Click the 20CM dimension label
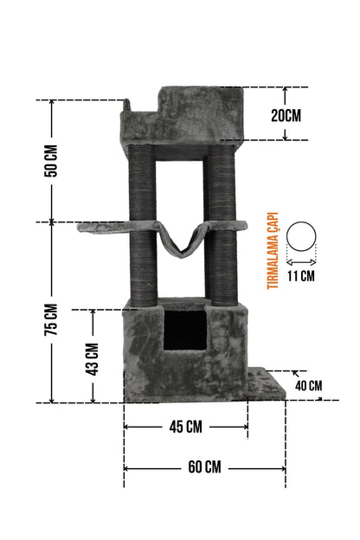tap(286, 115)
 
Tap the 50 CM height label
tap(51, 161)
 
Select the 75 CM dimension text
tap(51, 319)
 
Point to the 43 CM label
tap(92, 359)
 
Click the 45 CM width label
tap(186, 427)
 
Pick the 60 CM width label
tap(204, 467)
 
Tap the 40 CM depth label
tap(309, 386)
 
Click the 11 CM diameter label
tap(301, 276)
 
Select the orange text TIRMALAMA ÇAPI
tap(273, 250)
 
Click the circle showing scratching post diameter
tap(301, 222)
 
